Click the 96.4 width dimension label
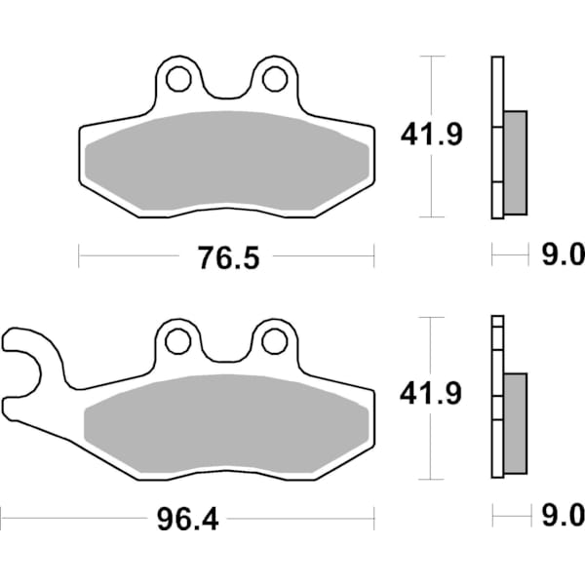point(187,516)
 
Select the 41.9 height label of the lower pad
point(429,395)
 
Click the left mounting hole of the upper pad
point(177,78)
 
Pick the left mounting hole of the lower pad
point(177,340)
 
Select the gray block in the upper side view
point(515,163)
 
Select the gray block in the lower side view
point(515,423)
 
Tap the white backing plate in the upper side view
point(497,97)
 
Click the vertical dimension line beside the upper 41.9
point(430,185)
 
